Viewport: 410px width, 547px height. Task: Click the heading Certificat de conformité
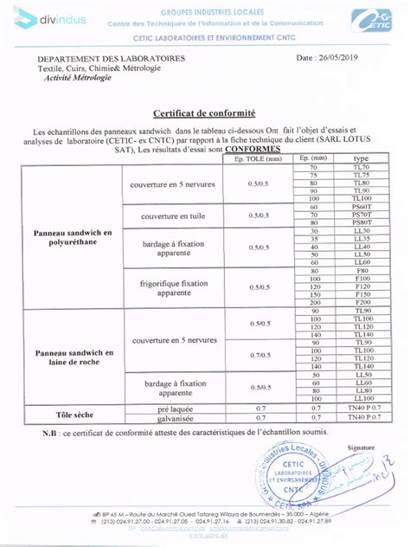pyautogui.click(x=204, y=113)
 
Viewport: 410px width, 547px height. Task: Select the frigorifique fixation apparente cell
pyautogui.click(x=162, y=287)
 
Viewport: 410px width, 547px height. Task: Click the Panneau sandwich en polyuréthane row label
pyautogui.click(x=73, y=238)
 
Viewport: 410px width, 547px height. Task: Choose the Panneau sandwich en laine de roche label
pyautogui.click(x=73, y=357)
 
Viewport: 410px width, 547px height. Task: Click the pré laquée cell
pyautogui.click(x=162, y=407)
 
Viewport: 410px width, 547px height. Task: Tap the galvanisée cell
pyautogui.click(x=162, y=417)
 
